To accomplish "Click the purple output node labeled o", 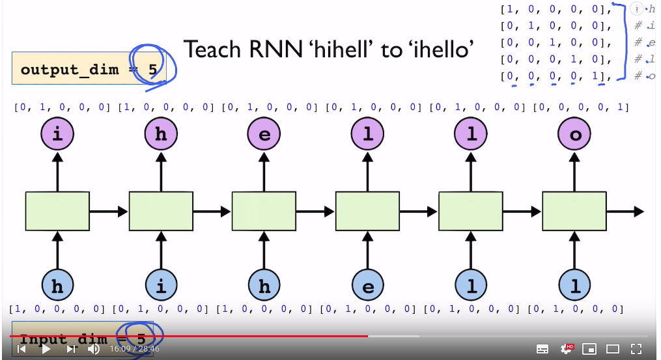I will (x=574, y=135).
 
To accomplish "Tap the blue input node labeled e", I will (x=367, y=286).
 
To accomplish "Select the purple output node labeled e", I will (x=264, y=135).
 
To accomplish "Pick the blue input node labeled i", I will (x=160, y=286).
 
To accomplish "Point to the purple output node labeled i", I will (x=57, y=135).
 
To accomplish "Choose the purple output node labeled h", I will (x=160, y=135).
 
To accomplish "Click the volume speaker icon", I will (x=94, y=349).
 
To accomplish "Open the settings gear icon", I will (x=566, y=349).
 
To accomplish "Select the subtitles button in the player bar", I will (x=542, y=349).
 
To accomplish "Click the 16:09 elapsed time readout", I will (x=120, y=349).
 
